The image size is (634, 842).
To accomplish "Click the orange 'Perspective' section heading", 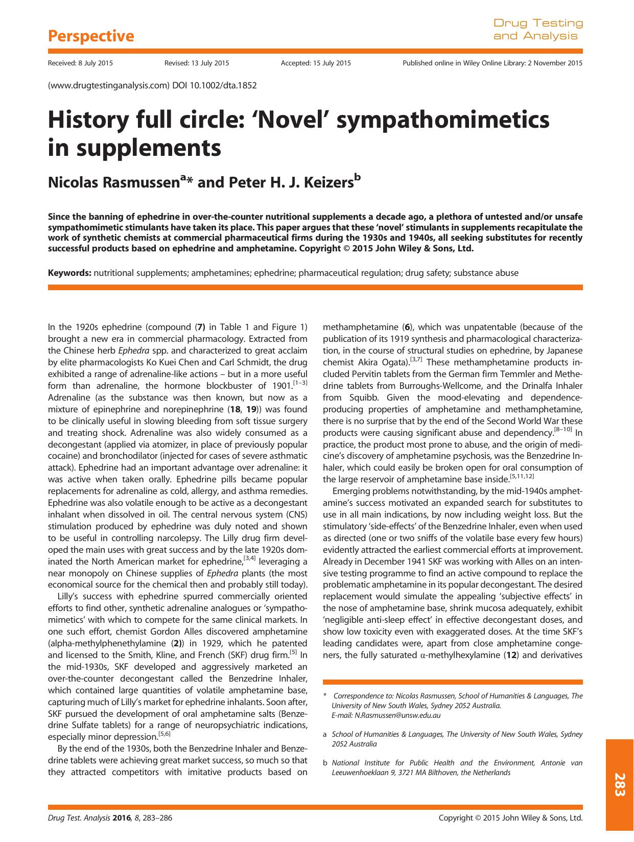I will [x=90, y=36].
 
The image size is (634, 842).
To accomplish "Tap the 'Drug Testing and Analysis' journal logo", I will [x=537, y=30].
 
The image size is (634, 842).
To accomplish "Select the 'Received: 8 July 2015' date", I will [x=80, y=63].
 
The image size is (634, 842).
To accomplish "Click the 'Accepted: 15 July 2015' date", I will [x=316, y=63].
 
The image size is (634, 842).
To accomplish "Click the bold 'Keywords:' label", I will [x=69, y=273].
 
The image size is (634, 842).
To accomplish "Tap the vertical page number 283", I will [x=620, y=784].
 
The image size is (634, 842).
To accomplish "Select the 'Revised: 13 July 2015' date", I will [x=197, y=63].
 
